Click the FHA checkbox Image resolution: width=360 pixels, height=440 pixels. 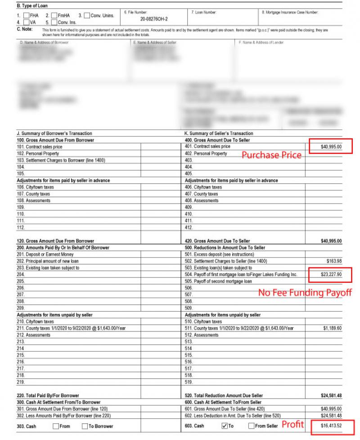[26, 15]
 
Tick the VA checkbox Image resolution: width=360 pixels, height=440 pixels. [26, 22]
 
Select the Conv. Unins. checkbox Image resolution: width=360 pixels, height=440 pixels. [87, 15]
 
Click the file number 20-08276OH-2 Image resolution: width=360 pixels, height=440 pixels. [154, 19]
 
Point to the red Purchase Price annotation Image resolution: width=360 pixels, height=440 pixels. [271, 155]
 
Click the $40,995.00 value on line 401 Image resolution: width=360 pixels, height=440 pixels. [331, 146]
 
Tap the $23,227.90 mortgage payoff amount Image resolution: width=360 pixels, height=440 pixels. [331, 274]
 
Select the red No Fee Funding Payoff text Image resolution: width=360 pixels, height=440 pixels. [305, 293]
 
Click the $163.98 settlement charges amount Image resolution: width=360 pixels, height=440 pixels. [333, 261]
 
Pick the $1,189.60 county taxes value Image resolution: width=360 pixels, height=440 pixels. [333, 328]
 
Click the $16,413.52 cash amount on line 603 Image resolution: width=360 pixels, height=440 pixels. [331, 426]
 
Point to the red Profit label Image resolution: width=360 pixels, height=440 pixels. [292, 425]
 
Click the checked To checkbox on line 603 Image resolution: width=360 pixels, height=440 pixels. [225, 426]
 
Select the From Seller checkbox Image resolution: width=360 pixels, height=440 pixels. [252, 426]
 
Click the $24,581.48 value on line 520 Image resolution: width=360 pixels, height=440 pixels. [331, 395]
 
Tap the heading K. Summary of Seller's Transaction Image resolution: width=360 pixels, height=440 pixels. [219, 133]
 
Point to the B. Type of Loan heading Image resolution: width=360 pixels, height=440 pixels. [32, 6]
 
